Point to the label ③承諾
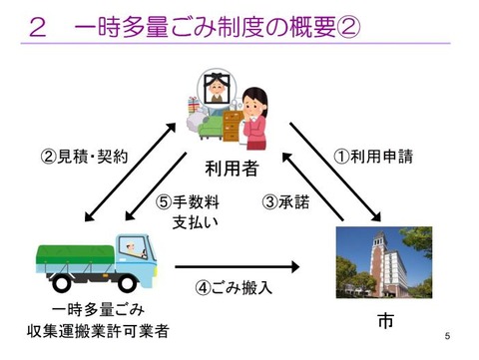(x=285, y=201)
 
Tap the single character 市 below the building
(x=385, y=321)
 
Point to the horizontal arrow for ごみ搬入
(x=237, y=266)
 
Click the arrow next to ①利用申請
(x=334, y=170)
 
